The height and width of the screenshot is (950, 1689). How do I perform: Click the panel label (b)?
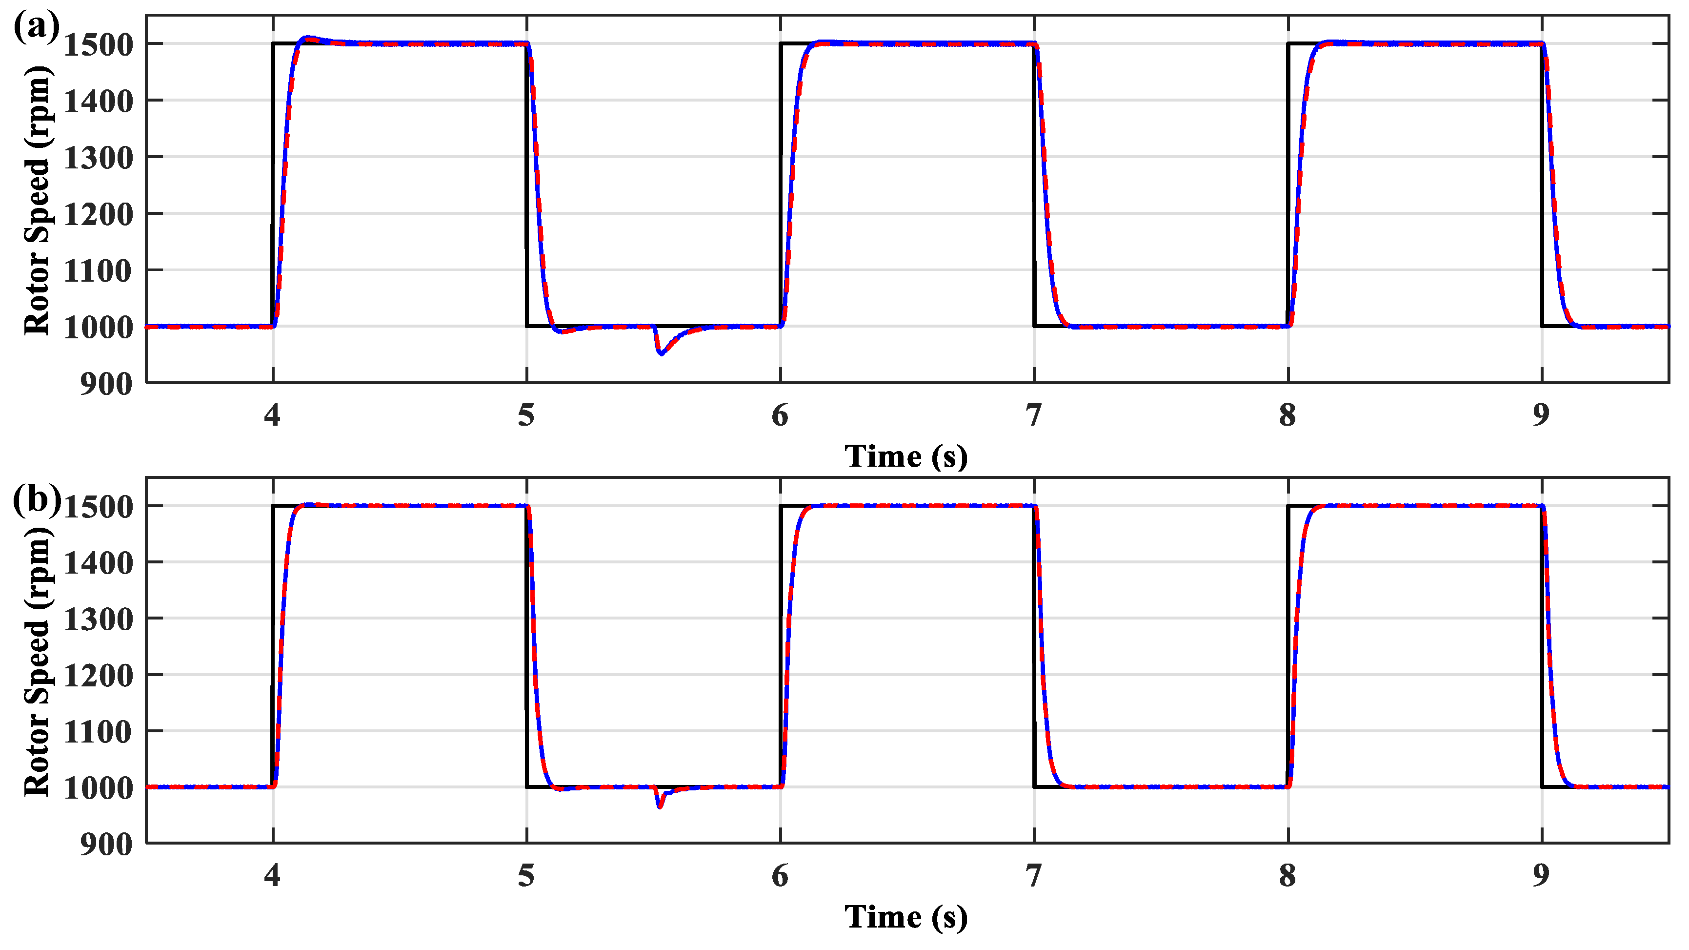(x=37, y=500)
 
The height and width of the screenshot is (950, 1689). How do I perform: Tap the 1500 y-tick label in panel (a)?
(x=99, y=44)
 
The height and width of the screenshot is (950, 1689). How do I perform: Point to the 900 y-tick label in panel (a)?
(x=106, y=384)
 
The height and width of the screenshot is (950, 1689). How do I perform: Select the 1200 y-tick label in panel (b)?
(x=99, y=675)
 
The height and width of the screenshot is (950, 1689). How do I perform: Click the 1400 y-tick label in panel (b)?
(x=99, y=563)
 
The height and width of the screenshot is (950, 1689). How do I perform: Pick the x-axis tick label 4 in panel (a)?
(x=272, y=415)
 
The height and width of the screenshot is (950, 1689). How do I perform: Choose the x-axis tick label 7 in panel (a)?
(x=1034, y=415)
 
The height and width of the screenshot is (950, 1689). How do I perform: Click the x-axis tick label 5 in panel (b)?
(x=526, y=876)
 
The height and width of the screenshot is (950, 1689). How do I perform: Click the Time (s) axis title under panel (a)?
(x=905, y=456)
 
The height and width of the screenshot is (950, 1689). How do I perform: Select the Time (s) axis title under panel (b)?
(x=905, y=916)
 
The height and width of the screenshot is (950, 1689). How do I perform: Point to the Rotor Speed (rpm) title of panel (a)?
(x=38, y=200)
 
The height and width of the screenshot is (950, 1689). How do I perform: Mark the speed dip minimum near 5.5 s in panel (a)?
(x=662, y=353)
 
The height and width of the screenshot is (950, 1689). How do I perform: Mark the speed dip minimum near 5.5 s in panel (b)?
(x=660, y=807)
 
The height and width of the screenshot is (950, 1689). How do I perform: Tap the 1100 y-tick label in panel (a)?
(x=99, y=270)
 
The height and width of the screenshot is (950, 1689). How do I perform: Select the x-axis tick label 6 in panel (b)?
(x=780, y=876)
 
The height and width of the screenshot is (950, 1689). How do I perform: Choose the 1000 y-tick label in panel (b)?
(x=99, y=788)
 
